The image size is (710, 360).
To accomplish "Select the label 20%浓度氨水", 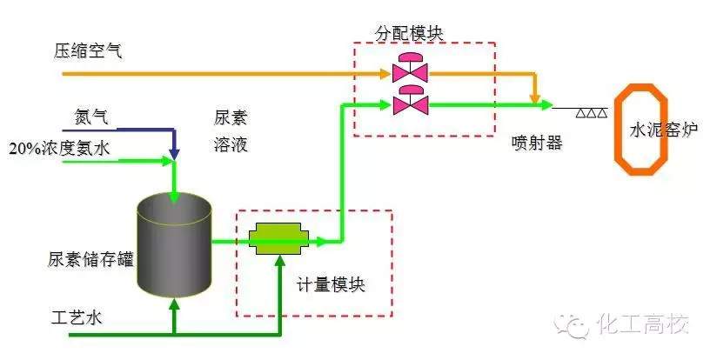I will [x=59, y=149].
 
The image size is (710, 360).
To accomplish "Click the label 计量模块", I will [x=330, y=285].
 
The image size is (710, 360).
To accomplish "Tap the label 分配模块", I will [x=409, y=34].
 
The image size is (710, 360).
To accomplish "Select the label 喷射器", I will [x=536, y=143].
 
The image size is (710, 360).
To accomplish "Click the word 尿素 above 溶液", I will [x=231, y=117].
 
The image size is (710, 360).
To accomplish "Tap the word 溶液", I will [x=231, y=144].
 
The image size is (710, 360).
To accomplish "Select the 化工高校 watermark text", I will [x=642, y=325].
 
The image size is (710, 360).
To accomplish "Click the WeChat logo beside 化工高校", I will [x=576, y=325].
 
